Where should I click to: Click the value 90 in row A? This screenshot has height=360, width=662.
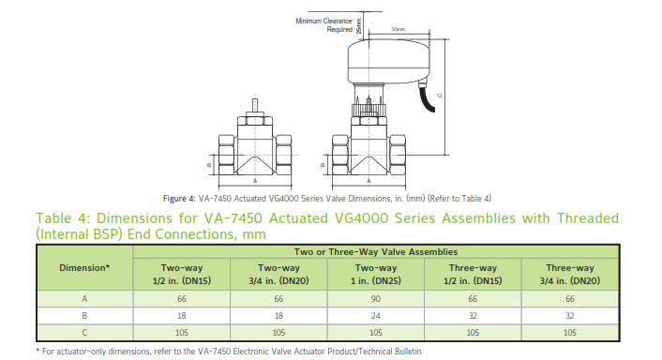[x=376, y=299]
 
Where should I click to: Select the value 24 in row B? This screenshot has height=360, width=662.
[x=376, y=316]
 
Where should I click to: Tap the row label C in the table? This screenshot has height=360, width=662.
[x=84, y=333]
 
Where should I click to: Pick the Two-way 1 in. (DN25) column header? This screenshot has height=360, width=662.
[x=376, y=275]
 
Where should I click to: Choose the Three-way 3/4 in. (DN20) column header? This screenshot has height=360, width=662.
[x=570, y=275]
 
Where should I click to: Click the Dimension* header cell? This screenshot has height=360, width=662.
[x=84, y=267]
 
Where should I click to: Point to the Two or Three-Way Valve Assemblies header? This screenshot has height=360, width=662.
[x=376, y=252]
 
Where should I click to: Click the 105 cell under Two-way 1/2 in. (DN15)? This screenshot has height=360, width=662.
[x=182, y=333]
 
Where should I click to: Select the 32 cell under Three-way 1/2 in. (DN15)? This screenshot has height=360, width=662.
[x=473, y=316]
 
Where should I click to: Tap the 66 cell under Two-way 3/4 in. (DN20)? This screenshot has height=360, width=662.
[x=278, y=299]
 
